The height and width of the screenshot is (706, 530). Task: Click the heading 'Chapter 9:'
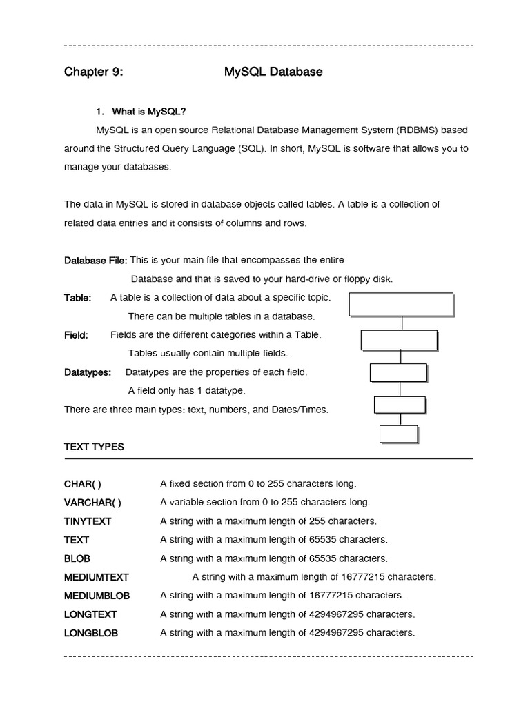[x=94, y=72]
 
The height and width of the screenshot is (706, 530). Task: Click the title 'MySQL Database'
[x=273, y=72]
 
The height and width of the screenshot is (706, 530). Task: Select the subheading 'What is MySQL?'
[x=141, y=112]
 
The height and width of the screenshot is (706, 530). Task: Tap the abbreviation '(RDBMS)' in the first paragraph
[x=415, y=130]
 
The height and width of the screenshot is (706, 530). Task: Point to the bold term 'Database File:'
[x=95, y=261]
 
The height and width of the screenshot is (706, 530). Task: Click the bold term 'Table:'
[x=77, y=298]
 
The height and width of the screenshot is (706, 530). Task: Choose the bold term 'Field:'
[x=76, y=335]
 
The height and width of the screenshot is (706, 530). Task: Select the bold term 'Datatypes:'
[x=88, y=372]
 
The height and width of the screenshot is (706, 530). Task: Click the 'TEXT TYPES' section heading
[x=94, y=447]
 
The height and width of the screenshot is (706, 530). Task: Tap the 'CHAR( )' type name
[x=83, y=484]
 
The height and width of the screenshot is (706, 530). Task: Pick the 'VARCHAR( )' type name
[x=92, y=502]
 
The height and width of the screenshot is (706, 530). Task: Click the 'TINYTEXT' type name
[x=88, y=521]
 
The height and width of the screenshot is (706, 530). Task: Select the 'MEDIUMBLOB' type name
[x=97, y=595]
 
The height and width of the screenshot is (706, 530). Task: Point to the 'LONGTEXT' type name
[x=90, y=614]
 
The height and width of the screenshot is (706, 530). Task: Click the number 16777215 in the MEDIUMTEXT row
[x=361, y=576]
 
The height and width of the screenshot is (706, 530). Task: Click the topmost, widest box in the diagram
[x=401, y=304]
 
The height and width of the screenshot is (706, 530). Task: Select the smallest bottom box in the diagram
[x=399, y=434]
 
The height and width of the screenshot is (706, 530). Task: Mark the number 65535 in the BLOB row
[x=325, y=558]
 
